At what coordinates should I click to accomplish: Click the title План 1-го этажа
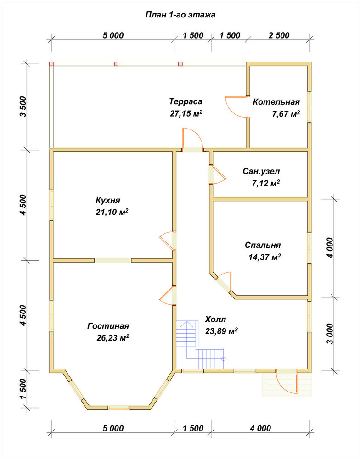pyautogui.click(x=180, y=15)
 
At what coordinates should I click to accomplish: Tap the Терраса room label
pyautogui.click(x=186, y=101)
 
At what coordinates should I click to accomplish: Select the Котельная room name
pyautogui.click(x=276, y=102)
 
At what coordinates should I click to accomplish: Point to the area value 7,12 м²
pyautogui.click(x=266, y=183)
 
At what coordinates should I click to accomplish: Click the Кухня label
pyautogui.click(x=108, y=200)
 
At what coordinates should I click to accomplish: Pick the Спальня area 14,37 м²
pyautogui.click(x=265, y=257)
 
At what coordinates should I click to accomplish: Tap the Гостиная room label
pyautogui.click(x=108, y=326)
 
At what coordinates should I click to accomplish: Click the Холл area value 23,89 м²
pyautogui.click(x=221, y=331)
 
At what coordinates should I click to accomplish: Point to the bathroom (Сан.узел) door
pyautogui.click(x=218, y=175)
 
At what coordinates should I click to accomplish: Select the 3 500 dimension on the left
pyautogui.click(x=23, y=106)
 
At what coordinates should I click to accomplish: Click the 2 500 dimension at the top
pyautogui.click(x=279, y=35)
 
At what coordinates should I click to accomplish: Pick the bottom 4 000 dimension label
pyautogui.click(x=260, y=428)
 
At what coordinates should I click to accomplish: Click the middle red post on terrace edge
pyautogui.click(x=116, y=64)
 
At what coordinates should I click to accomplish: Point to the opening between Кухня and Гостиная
pyautogui.click(x=113, y=260)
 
